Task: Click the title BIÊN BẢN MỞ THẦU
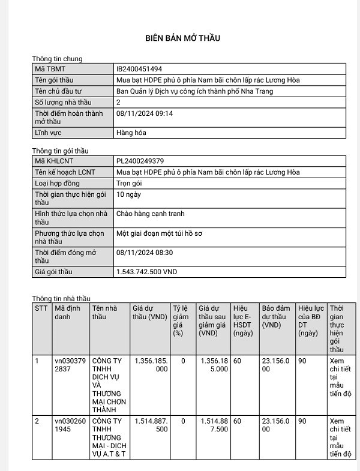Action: [x=182, y=38]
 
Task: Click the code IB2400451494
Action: [x=139, y=69]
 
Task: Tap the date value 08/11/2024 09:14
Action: [x=145, y=113]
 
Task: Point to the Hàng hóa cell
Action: [x=130, y=133]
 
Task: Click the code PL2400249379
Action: [x=140, y=161]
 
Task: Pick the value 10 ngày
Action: [x=129, y=194]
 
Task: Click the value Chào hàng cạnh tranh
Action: [x=150, y=214]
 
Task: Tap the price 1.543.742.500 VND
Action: [x=146, y=272]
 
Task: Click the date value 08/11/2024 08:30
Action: [x=145, y=253]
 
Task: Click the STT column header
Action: [x=41, y=308]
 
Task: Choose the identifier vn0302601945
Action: [x=71, y=425]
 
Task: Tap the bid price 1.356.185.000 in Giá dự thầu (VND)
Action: [x=151, y=365]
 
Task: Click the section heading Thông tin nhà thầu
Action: [x=61, y=298]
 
